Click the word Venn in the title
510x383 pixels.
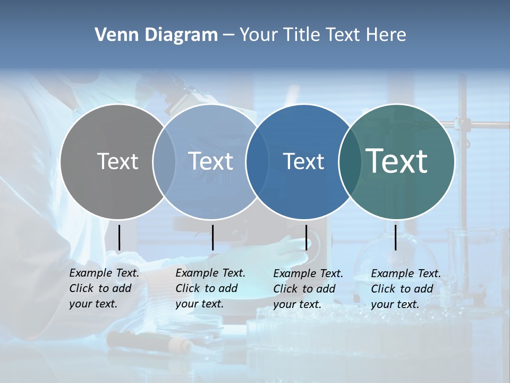tap(113, 35)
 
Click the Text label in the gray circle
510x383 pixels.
tap(117, 161)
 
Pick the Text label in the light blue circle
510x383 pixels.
tap(211, 161)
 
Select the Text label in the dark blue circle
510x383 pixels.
tap(304, 161)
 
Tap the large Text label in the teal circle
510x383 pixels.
tap(397, 161)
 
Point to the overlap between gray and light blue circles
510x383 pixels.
tap(164, 161)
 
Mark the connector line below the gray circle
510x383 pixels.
tap(120, 237)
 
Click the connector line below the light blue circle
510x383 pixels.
tap(212, 237)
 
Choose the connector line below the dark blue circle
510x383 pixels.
tap(307, 237)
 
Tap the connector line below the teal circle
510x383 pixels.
tap(396, 237)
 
